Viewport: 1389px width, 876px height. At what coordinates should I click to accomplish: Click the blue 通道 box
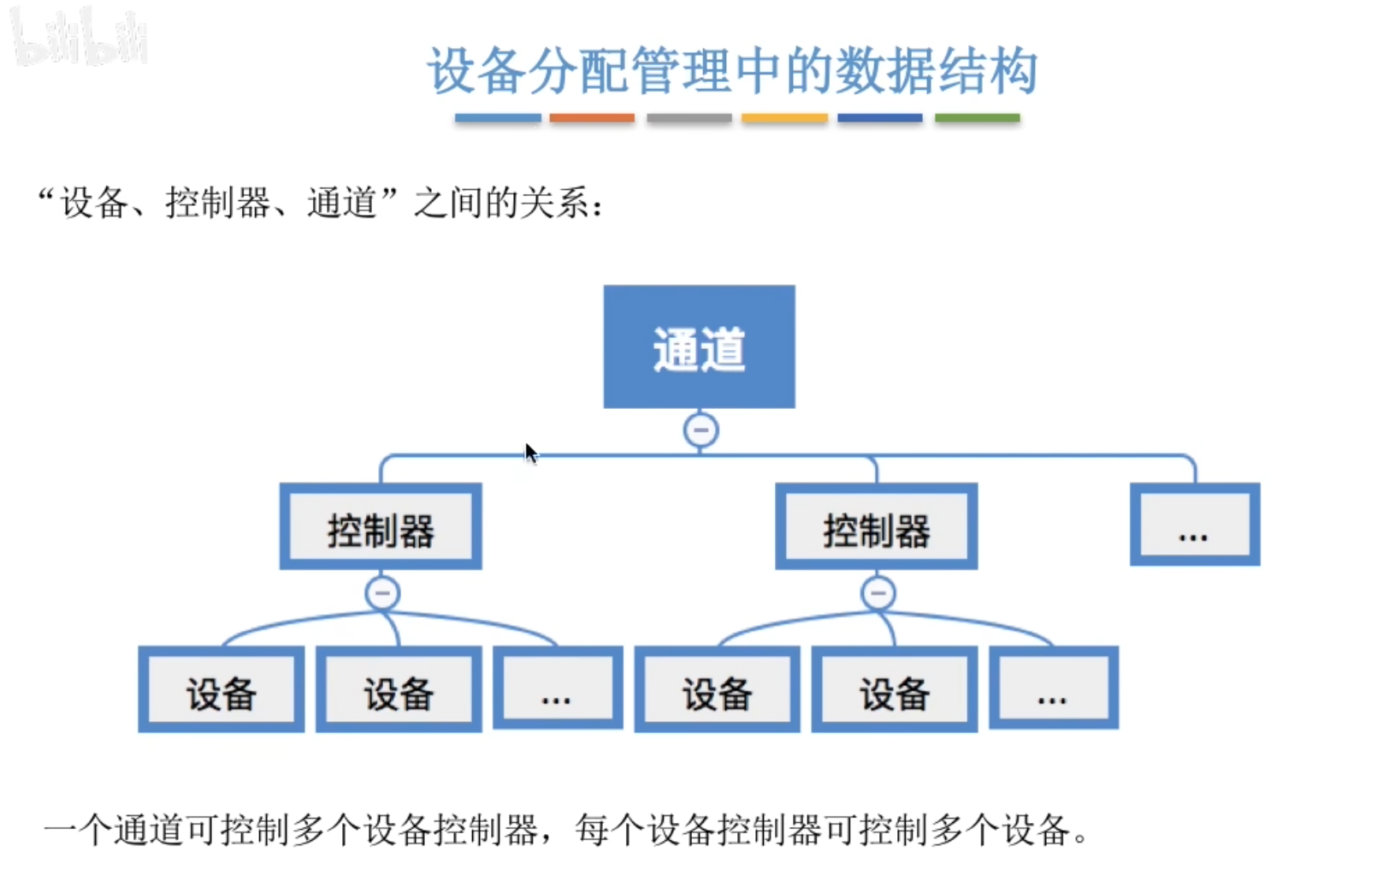tap(699, 346)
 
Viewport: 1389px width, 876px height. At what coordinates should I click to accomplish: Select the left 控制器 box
tap(381, 527)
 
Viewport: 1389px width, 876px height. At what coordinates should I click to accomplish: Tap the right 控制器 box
tap(876, 527)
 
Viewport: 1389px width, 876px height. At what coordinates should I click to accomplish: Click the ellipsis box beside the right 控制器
tap(1194, 524)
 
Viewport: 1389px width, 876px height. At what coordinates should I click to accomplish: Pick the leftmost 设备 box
tap(221, 690)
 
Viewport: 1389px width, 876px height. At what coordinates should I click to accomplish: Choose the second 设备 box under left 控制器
tap(399, 690)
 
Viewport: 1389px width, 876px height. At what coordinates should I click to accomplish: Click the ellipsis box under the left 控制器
tap(558, 689)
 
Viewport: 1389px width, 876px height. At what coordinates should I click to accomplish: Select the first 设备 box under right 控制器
tap(717, 690)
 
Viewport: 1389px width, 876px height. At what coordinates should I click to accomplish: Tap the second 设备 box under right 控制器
tap(894, 690)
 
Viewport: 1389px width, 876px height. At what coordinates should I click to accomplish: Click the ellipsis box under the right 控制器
tap(1053, 689)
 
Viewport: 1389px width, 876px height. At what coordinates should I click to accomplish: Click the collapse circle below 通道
tap(700, 429)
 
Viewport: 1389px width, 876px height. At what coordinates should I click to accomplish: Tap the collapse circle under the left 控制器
tap(382, 593)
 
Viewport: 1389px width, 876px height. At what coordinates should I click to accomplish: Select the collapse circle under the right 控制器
tap(878, 593)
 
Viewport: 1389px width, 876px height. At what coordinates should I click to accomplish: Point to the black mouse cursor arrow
tap(530, 453)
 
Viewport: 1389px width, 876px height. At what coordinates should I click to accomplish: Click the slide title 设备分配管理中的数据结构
tap(732, 70)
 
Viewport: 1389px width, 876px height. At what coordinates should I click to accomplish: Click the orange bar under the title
tap(592, 118)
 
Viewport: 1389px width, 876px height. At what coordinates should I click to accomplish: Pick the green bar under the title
tap(977, 118)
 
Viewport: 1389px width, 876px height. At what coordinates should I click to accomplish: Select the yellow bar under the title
tap(784, 118)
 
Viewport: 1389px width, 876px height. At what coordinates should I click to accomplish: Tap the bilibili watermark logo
tap(81, 38)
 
